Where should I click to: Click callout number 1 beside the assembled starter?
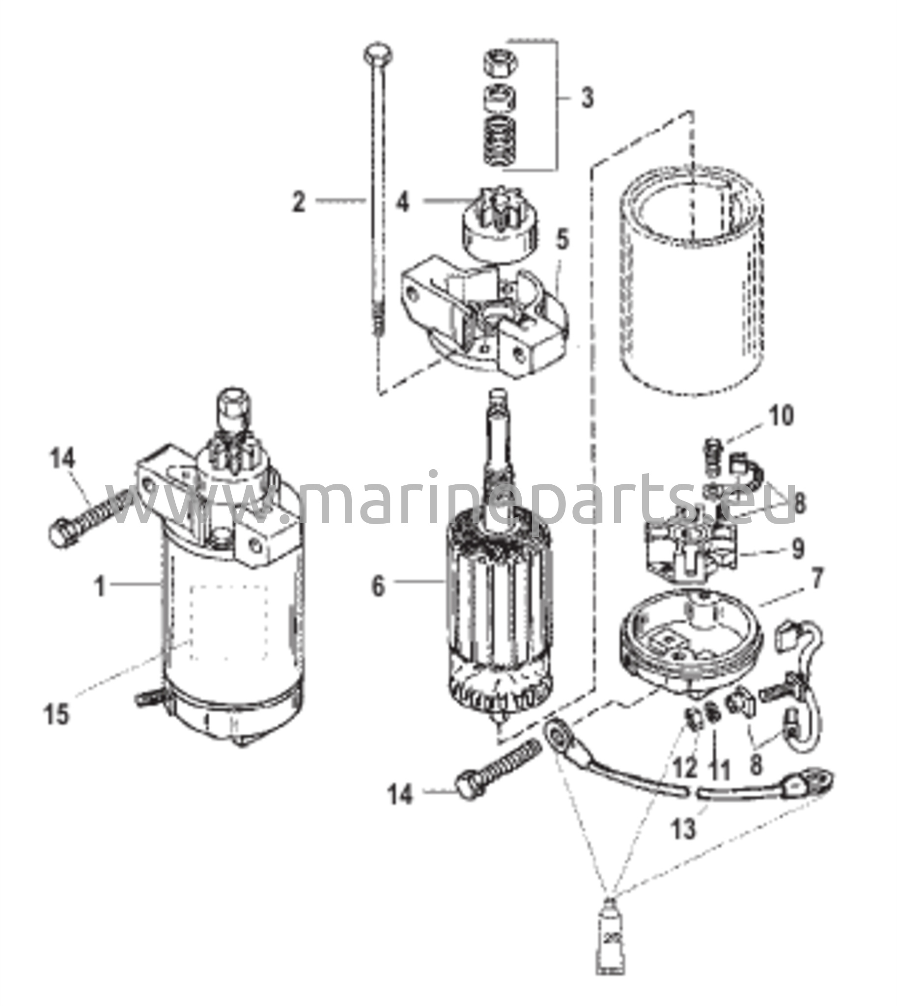[x=100, y=587]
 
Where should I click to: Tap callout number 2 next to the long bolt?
[x=299, y=202]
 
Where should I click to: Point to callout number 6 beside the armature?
[x=378, y=587]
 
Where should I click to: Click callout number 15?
[x=56, y=714]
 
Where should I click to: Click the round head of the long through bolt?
[x=378, y=54]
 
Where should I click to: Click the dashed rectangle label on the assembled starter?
[x=229, y=622]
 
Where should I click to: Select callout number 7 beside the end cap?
[x=817, y=580]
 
